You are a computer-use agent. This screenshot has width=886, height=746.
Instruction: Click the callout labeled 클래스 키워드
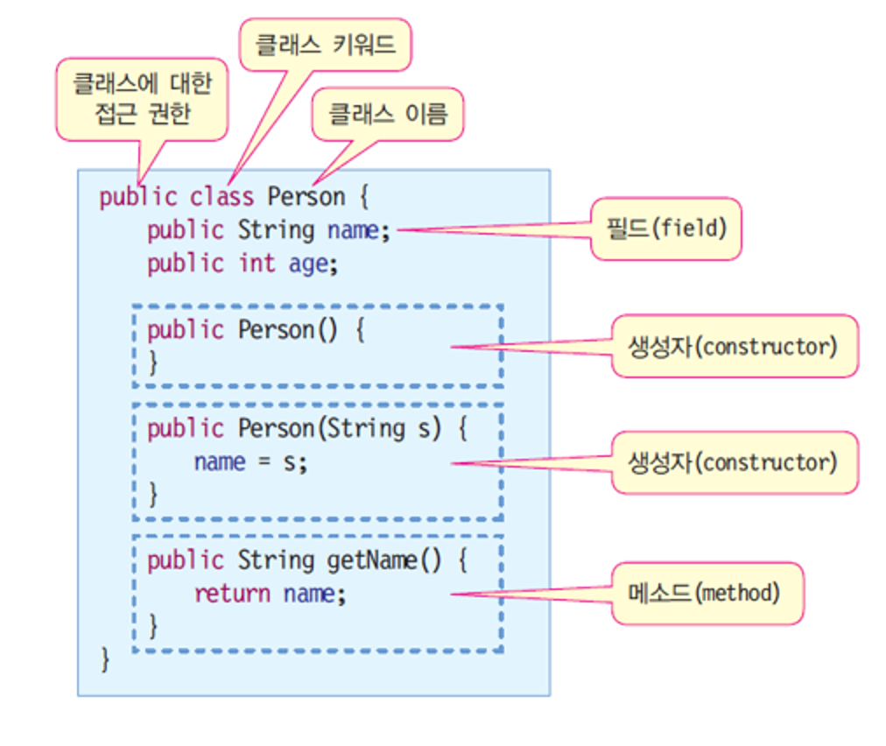pyautogui.click(x=326, y=45)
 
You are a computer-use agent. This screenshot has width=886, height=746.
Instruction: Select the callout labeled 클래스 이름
pyautogui.click(x=388, y=114)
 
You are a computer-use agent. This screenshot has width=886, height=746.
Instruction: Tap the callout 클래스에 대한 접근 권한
pyautogui.click(x=143, y=99)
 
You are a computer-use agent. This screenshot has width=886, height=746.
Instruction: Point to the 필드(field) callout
pyautogui.click(x=666, y=229)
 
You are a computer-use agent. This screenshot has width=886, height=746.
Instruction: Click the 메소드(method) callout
pyautogui.click(x=707, y=594)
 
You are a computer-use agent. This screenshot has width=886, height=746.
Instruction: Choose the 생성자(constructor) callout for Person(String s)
pyautogui.click(x=735, y=463)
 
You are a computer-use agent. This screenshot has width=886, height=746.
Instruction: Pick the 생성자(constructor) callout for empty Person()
pyautogui.click(x=735, y=346)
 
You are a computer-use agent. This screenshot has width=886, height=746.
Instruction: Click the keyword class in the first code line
pyautogui.click(x=221, y=197)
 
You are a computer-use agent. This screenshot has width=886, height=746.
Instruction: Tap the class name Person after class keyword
pyautogui.click(x=306, y=197)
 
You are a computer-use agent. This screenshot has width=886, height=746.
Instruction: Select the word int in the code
pyautogui.click(x=257, y=264)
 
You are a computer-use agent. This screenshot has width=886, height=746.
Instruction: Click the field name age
pyautogui.click(x=308, y=265)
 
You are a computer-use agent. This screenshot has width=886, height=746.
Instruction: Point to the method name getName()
pyautogui.click(x=384, y=561)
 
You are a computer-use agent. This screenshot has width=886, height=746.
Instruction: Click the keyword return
pyautogui.click(x=232, y=594)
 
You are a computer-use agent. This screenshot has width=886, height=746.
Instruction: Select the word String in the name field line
pyautogui.click(x=276, y=231)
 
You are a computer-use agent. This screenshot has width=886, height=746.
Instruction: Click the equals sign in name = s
pyautogui.click(x=264, y=461)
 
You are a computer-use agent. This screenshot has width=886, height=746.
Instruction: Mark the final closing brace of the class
pyautogui.click(x=105, y=659)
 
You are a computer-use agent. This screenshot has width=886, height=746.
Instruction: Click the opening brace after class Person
pyautogui.click(x=364, y=197)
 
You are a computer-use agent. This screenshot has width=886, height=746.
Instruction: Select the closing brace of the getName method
pyautogui.click(x=152, y=626)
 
